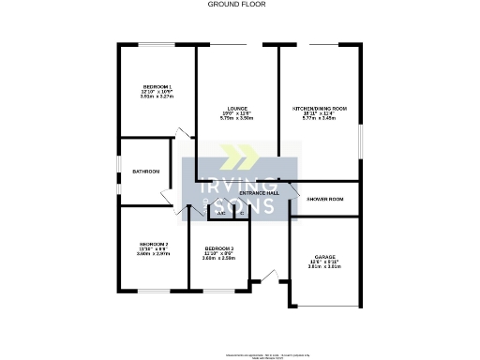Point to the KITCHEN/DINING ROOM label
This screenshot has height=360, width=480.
pos(320,109)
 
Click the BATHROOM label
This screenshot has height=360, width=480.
pos(145,172)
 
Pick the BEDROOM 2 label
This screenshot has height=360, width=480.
pos(152,244)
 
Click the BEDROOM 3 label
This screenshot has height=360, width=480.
pos(218,248)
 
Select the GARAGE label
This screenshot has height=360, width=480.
pos(324,256)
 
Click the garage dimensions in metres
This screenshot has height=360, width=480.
pos(324,266)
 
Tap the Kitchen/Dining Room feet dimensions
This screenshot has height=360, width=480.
pos(320,113)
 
